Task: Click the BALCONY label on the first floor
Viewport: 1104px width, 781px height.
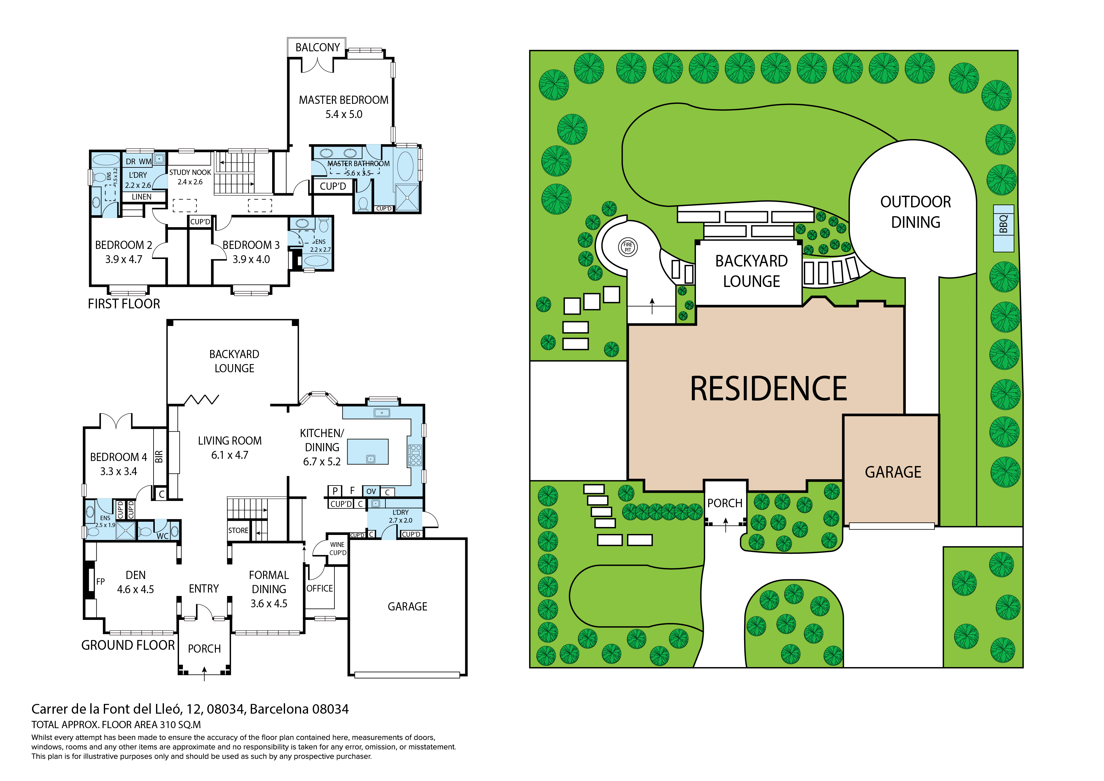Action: tap(317, 48)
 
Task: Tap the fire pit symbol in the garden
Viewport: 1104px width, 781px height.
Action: tap(627, 247)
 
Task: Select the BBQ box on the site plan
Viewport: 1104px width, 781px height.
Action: tap(1004, 228)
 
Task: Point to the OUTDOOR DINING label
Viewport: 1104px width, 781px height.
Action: tap(916, 212)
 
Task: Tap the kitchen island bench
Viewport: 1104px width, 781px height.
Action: tap(367, 451)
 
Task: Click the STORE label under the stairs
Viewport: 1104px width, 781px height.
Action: tap(238, 531)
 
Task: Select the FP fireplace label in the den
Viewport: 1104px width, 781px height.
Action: tap(100, 582)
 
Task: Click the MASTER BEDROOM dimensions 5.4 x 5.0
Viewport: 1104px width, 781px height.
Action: tap(344, 115)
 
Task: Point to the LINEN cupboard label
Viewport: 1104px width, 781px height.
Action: tap(141, 197)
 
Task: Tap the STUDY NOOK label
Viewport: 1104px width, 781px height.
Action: tap(190, 172)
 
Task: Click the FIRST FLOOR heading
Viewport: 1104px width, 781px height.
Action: tap(124, 304)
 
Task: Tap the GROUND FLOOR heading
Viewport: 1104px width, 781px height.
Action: tap(128, 645)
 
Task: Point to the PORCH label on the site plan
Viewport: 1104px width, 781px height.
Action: tap(725, 503)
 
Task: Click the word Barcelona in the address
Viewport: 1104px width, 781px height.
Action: tap(279, 709)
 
